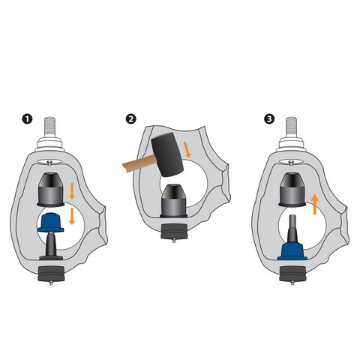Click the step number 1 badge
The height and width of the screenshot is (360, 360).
[x=27, y=118]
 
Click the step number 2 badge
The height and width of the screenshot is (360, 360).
[x=131, y=118]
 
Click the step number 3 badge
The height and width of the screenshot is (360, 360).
[x=269, y=118]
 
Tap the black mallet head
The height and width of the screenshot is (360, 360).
[x=167, y=154]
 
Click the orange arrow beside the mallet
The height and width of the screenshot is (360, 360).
[x=187, y=150]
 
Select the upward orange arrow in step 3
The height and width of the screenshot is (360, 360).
[x=315, y=205]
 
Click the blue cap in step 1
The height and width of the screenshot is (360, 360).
[x=50, y=222]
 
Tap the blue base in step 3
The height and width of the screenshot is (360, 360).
[x=292, y=252]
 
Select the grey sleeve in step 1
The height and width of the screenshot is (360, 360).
[x=51, y=190]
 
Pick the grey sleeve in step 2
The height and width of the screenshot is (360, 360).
[x=173, y=201]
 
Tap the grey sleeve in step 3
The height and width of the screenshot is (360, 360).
[x=292, y=190]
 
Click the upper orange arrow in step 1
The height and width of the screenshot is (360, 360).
[x=72, y=191]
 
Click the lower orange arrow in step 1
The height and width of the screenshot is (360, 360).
[x=72, y=216]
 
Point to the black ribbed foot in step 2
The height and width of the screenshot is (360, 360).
[x=174, y=231]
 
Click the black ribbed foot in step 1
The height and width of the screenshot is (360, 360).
[x=51, y=274]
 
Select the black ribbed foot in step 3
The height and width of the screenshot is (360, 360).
[x=292, y=274]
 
